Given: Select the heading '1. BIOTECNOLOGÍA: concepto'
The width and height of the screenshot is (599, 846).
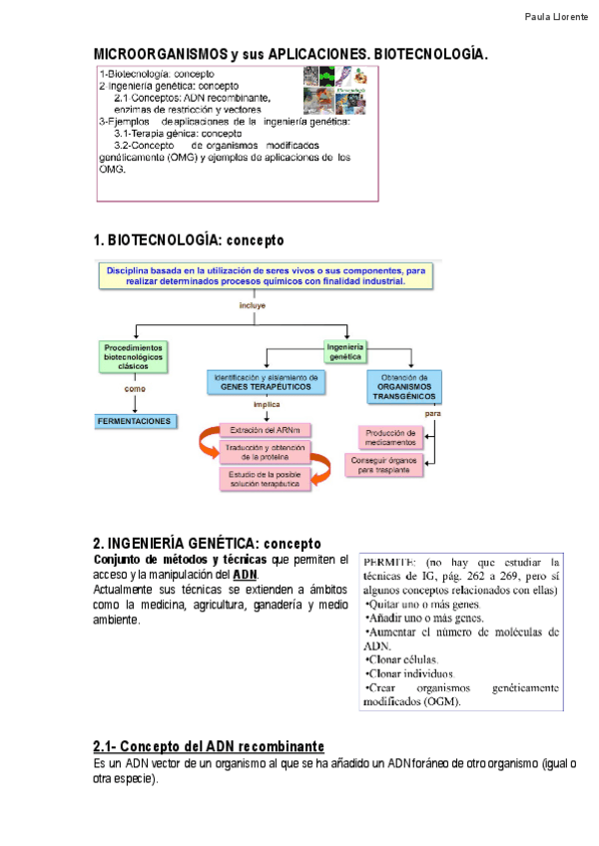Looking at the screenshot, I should click(x=189, y=240).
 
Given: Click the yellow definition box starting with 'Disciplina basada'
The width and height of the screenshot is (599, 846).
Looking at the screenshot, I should click(x=266, y=275).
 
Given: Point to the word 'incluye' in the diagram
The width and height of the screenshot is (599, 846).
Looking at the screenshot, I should click(x=252, y=305).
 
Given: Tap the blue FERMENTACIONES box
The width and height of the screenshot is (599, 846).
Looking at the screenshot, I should click(x=135, y=422).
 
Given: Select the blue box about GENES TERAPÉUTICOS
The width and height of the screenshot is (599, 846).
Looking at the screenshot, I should click(x=267, y=382).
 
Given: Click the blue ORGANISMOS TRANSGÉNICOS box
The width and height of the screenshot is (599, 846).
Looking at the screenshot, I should click(x=404, y=386).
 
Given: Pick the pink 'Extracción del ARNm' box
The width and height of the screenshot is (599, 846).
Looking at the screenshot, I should click(x=265, y=430).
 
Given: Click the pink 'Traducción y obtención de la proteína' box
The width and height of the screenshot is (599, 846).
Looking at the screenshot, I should click(x=265, y=453).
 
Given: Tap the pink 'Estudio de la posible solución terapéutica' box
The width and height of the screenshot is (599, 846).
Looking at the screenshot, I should click(x=265, y=478).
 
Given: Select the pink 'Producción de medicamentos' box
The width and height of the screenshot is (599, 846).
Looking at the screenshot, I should click(x=390, y=437).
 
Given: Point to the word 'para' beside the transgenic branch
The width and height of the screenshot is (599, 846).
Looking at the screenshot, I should click(x=433, y=412).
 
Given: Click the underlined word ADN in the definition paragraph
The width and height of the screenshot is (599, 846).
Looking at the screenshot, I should click(x=245, y=577).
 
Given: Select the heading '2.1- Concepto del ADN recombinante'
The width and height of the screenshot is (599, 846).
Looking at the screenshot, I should click(x=209, y=747).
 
